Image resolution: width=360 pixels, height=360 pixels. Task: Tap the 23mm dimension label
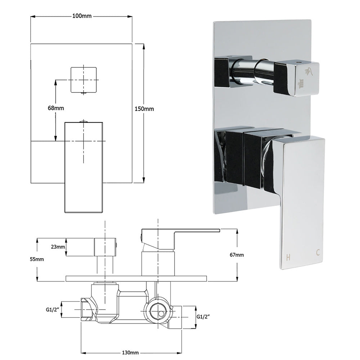58,247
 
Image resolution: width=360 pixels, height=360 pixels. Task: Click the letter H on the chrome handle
288,257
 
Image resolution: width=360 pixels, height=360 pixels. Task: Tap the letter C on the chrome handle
318,253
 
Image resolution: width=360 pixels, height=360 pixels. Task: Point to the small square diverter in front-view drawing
84,80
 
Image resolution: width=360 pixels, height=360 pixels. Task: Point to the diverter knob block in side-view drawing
105,247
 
